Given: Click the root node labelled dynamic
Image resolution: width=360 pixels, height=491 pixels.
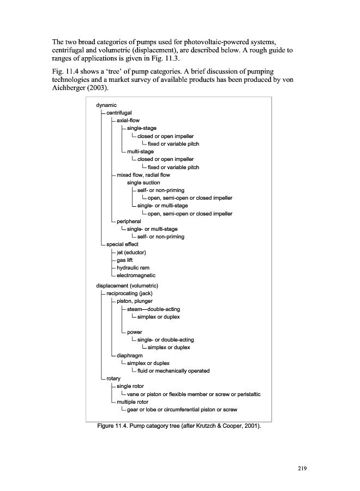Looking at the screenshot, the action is pyautogui.click(x=106, y=105).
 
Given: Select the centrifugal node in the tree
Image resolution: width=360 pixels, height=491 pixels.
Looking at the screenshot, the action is pyautogui.click(x=119, y=113).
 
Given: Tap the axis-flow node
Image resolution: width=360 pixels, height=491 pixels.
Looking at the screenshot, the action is pyautogui.click(x=128, y=121).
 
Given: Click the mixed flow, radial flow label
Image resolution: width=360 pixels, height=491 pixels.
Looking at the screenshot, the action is pyautogui.click(x=143, y=175).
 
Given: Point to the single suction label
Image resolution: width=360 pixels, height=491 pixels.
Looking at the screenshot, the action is pyautogui.click(x=143, y=183).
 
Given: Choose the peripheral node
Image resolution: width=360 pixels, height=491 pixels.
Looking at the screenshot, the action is pyautogui.click(x=129, y=221).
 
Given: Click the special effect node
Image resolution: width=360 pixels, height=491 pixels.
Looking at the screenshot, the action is pyautogui.click(x=122, y=244).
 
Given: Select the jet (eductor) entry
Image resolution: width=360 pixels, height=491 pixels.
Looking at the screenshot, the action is pyautogui.click(x=131, y=253).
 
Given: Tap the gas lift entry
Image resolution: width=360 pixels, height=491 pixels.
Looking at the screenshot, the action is pyautogui.click(x=124, y=260).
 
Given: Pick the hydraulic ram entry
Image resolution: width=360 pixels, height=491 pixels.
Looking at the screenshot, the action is pyautogui.click(x=133, y=268).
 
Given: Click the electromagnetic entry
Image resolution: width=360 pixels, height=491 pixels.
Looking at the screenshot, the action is pyautogui.click(x=136, y=276).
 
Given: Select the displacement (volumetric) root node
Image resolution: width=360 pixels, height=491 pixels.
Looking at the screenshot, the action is pyautogui.click(x=127, y=286).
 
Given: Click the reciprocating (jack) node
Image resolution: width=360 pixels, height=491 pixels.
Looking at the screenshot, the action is pyautogui.click(x=129, y=294).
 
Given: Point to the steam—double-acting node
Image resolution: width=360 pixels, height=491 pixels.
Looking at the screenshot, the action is pyautogui.click(x=153, y=309).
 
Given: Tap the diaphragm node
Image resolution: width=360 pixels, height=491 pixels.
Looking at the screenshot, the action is pyautogui.click(x=130, y=356).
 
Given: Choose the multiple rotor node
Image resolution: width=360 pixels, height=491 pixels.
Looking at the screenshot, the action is pyautogui.click(x=133, y=402).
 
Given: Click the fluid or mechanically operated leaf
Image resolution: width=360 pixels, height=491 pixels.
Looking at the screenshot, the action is pyautogui.click(x=173, y=371).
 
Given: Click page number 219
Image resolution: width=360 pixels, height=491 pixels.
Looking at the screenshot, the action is pyautogui.click(x=302, y=469).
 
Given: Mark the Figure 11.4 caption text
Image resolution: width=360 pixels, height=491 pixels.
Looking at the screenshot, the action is pyautogui.click(x=179, y=426).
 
